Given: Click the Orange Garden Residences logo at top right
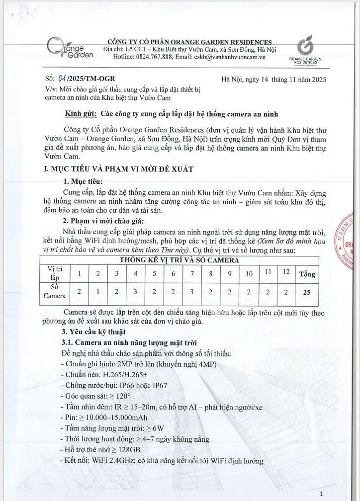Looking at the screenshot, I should pos(305,50).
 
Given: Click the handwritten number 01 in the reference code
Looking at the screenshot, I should pos(62,79).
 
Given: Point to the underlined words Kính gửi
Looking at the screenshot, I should pos(80,114).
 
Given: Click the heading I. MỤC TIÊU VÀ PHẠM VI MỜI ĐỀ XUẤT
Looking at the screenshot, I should pos(119,169).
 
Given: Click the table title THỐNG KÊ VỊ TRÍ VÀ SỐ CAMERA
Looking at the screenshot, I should pos(179,259).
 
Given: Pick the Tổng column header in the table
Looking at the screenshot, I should pos(306,274).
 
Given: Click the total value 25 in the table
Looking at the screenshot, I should pos(306,292).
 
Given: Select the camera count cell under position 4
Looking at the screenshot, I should pos(135,292).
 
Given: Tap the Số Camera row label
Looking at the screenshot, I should pos(54,292).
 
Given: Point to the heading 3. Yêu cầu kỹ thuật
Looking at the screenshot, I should pos(93,332).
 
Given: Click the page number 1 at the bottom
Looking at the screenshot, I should pos(322,494).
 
